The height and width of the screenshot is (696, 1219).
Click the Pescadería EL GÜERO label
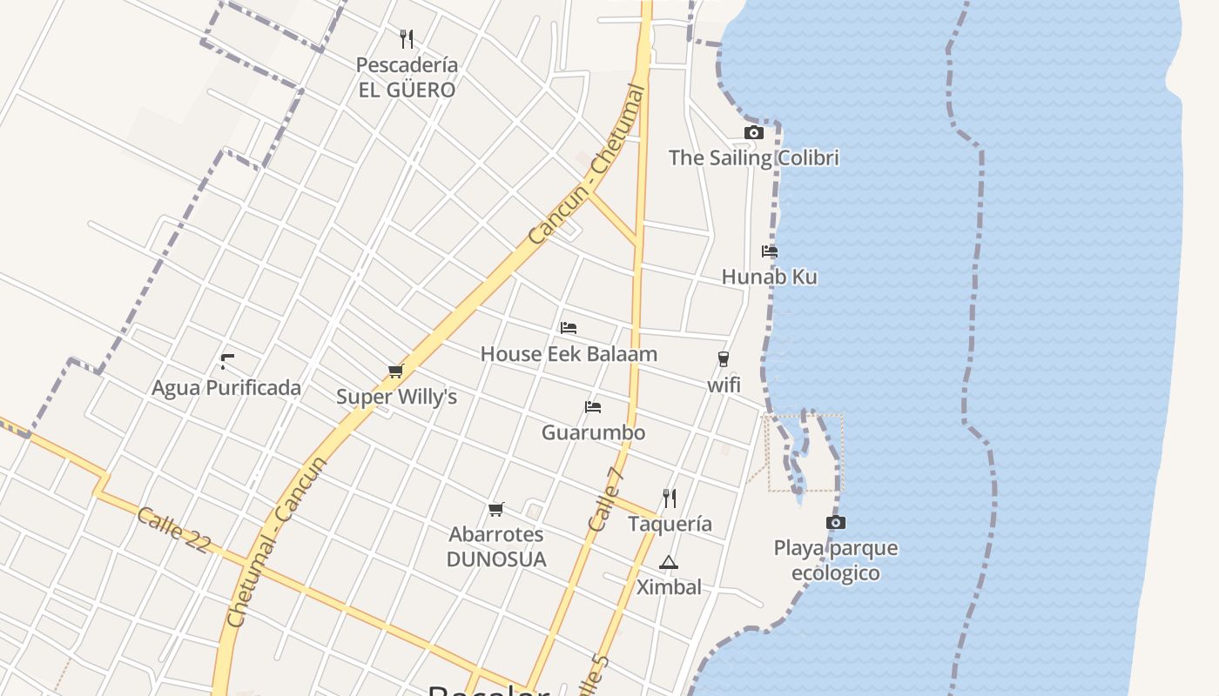[x=407, y=77]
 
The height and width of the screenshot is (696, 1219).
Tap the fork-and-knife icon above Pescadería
[x=406, y=38]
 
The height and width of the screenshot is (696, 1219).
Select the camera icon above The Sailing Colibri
[x=754, y=132]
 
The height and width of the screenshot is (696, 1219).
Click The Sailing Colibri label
[x=753, y=157]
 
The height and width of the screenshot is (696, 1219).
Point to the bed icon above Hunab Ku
[x=769, y=251]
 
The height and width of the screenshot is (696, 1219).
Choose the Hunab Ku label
[x=769, y=277]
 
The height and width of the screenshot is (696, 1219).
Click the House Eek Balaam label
[x=569, y=354]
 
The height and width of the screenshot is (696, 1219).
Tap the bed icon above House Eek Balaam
[x=569, y=328]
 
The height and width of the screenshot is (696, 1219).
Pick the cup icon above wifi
[x=723, y=358]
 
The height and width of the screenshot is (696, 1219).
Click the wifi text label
[x=723, y=384]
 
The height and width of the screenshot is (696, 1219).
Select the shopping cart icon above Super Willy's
[x=396, y=371]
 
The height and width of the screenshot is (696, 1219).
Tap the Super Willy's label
[x=396, y=397]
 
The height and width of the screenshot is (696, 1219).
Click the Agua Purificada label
[x=226, y=388]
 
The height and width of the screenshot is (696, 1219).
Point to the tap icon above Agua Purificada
[x=227, y=362]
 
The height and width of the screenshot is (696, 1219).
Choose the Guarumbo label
[x=593, y=432]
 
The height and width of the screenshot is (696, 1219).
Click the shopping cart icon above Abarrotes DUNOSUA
[x=496, y=509]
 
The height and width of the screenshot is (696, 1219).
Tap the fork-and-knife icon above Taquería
[x=670, y=499]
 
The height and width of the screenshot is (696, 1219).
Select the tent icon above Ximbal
[x=668, y=562]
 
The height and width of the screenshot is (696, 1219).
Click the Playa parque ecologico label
[x=835, y=560]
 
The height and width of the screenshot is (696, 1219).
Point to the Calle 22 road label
[x=173, y=529]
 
